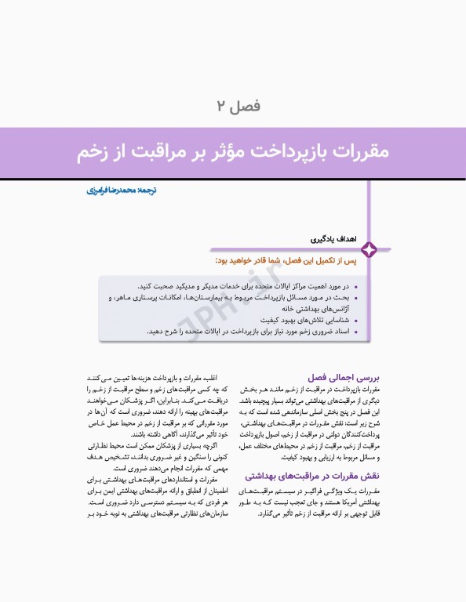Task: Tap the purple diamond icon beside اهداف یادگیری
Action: coord(369,249)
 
